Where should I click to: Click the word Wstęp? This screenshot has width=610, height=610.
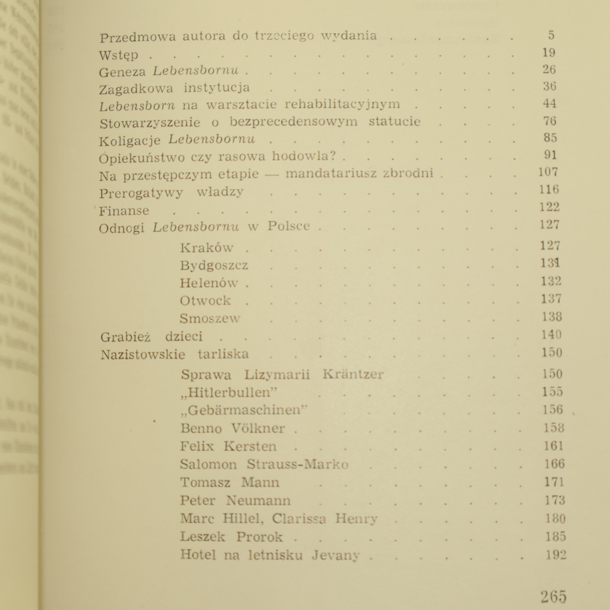[119, 55]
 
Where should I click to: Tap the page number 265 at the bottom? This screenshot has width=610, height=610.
[554, 596]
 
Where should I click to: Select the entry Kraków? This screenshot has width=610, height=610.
[206, 248]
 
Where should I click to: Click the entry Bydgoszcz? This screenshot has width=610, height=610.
[214, 265]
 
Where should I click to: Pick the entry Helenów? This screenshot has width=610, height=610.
[209, 283]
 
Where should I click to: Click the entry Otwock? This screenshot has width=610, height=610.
[205, 300]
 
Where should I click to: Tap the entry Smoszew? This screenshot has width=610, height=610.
[210, 318]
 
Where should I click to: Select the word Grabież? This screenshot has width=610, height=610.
[125, 337]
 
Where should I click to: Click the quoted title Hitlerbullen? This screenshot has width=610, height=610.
[229, 392]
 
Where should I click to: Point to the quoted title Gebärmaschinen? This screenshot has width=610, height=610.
[244, 410]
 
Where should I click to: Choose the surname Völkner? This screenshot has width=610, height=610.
[258, 428]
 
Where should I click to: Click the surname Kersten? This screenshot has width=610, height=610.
[250, 446]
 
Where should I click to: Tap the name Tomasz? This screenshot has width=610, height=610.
[205, 483]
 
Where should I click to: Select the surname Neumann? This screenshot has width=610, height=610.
[258, 501]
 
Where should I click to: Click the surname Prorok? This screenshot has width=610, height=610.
[259, 537]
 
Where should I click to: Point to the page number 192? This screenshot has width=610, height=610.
[556, 555]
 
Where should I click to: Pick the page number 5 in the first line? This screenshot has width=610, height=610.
[551, 35]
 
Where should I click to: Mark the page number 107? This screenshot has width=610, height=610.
[548, 172]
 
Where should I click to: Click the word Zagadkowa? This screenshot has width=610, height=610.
[136, 89]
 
